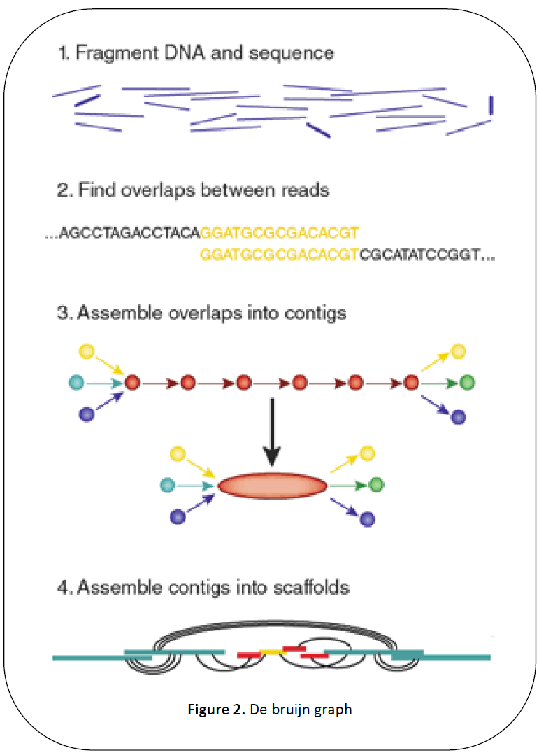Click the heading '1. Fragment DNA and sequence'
195,52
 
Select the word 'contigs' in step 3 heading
311,313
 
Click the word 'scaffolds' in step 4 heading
307,586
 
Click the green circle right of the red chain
468,383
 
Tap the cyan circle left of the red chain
76,383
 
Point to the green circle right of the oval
376,484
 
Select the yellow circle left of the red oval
178,454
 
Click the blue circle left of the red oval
178,517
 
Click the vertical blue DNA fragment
491,105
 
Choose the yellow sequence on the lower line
279,256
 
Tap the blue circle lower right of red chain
458,418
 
